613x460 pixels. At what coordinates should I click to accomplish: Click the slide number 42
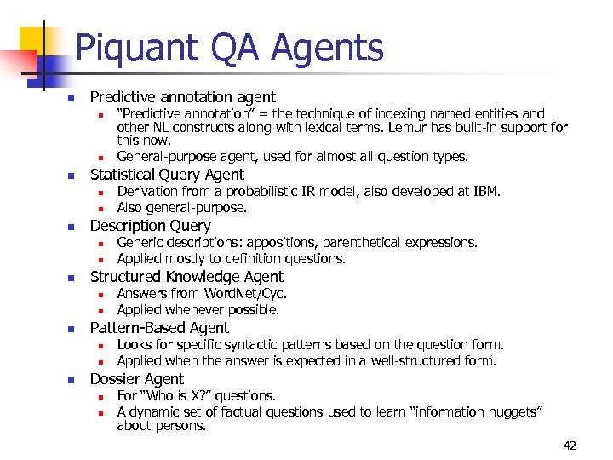(569, 446)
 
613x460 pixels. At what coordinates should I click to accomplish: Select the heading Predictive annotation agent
(182, 98)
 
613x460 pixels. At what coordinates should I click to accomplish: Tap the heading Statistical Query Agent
(167, 175)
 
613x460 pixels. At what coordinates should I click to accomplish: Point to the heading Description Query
(150, 226)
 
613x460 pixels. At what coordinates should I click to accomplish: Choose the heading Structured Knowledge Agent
(186, 277)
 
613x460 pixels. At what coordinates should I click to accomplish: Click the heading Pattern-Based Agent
(159, 328)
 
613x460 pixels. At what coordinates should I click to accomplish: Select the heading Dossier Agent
(136, 379)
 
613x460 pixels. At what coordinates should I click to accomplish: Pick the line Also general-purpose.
(182, 208)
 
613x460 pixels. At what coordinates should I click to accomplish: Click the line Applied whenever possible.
(198, 310)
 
